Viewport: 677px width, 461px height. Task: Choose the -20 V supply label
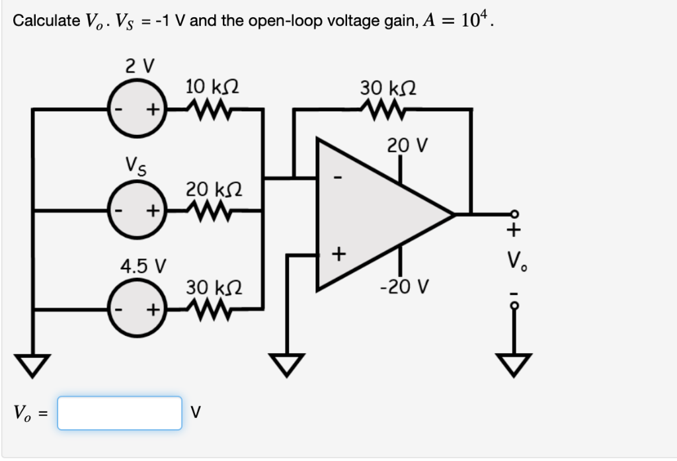[404, 287]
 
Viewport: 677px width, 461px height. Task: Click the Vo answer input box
[119, 413]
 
